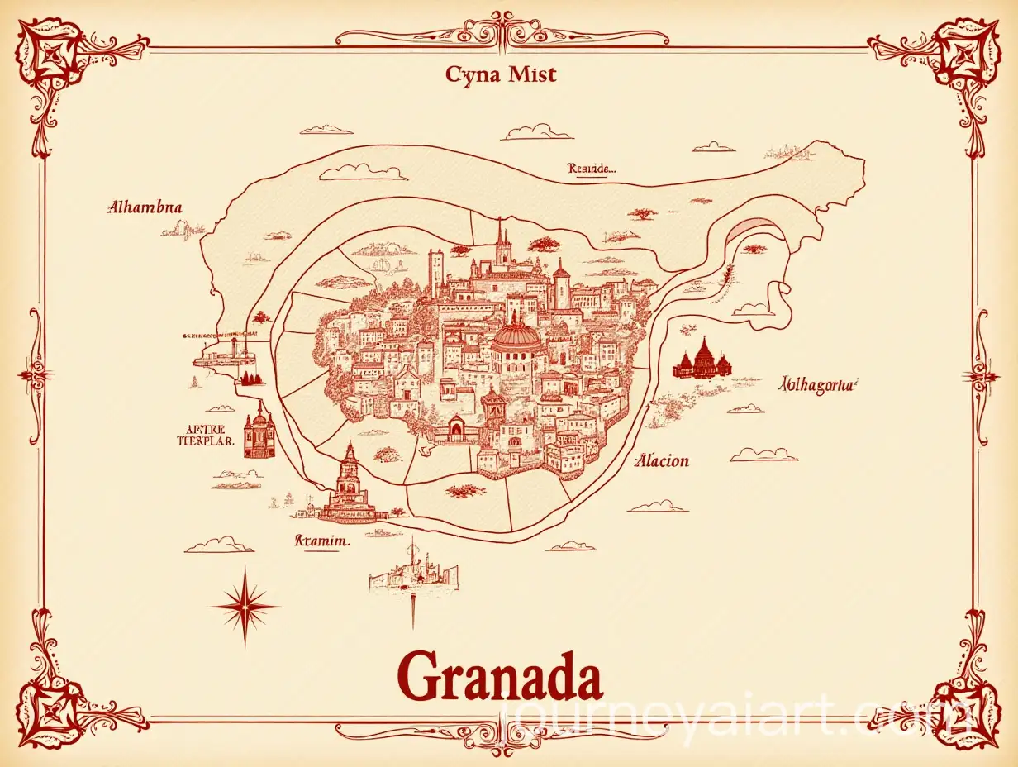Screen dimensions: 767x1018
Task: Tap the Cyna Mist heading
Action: pos(501,75)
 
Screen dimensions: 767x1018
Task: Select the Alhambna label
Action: pos(145,207)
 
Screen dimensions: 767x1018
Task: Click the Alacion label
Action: pos(661,461)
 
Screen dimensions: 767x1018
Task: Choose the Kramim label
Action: pos(321,541)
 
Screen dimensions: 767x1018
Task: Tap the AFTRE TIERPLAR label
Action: pos(207,436)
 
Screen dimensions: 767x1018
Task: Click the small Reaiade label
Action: pos(592,168)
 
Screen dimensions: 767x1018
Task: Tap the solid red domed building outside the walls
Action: pos(702,361)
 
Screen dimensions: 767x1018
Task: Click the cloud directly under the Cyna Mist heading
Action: pos(538,132)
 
